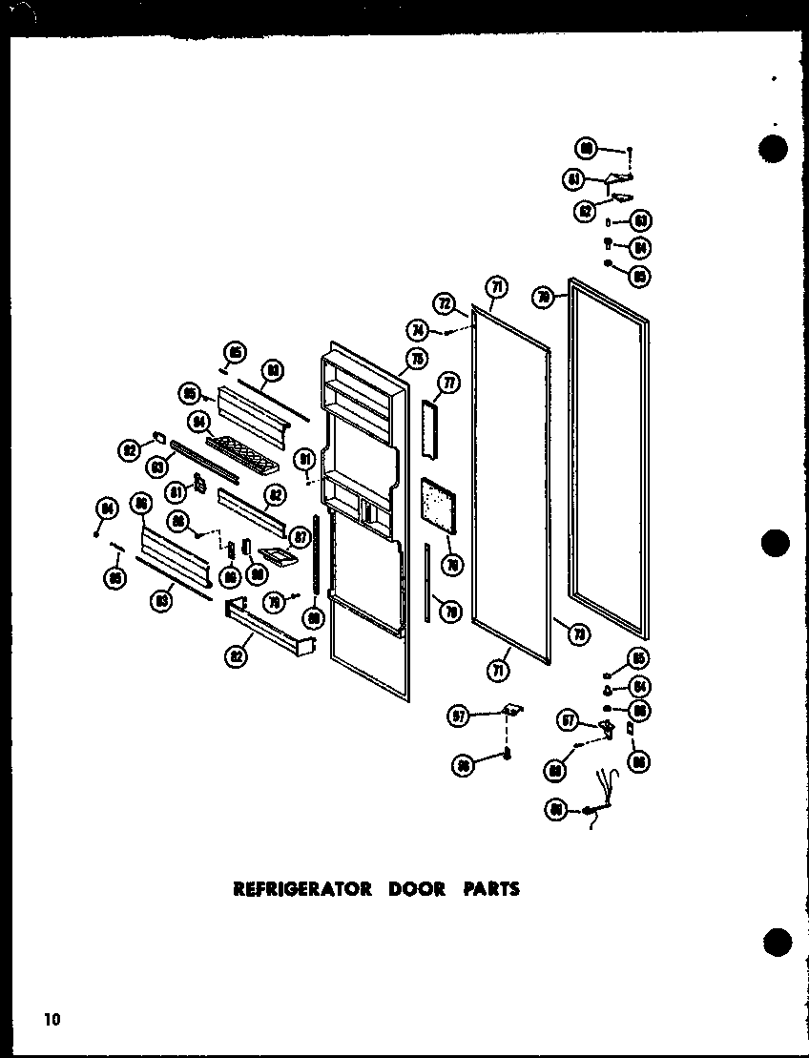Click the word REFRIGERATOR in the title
[x=302, y=889]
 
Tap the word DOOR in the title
[x=416, y=889]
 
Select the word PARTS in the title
[x=491, y=889]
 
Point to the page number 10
[x=51, y=1020]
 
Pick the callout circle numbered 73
[x=576, y=632]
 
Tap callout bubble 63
[x=642, y=221]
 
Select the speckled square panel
[x=438, y=506]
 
